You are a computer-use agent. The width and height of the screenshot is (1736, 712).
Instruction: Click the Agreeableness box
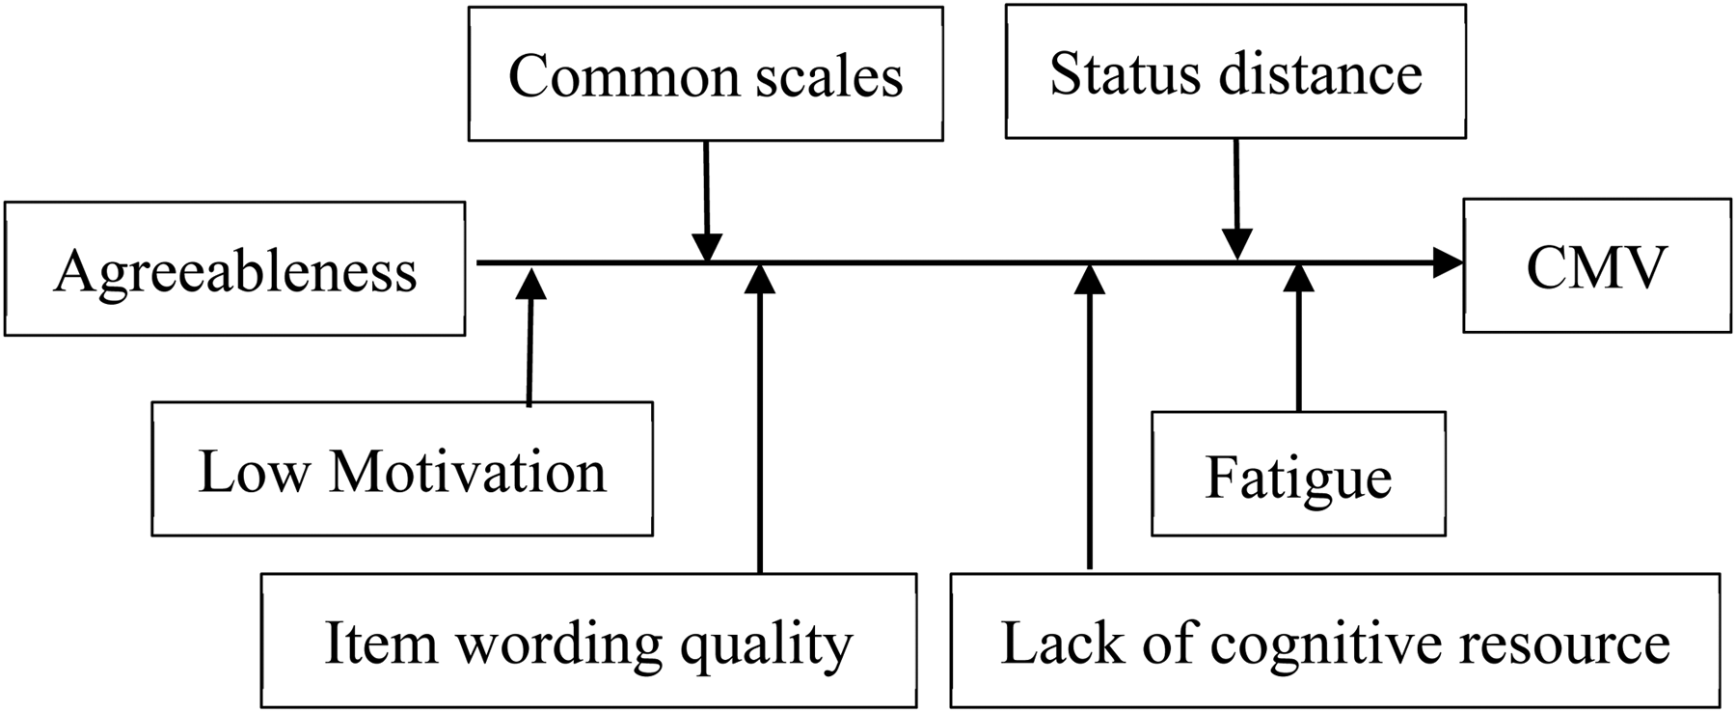click(234, 268)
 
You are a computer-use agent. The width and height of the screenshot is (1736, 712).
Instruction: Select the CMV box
click(1597, 265)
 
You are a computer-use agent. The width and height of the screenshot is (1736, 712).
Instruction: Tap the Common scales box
click(706, 74)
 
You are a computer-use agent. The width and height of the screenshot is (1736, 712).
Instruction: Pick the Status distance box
click(1235, 71)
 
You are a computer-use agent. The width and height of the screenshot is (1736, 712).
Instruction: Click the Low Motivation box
click(402, 469)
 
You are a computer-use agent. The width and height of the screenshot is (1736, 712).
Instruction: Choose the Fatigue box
click(1298, 474)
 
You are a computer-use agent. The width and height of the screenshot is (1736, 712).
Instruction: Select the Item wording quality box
click(589, 641)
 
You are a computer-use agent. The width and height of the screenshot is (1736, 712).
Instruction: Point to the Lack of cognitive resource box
click(1336, 641)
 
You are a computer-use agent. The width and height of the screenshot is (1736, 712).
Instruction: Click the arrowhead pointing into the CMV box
click(1449, 262)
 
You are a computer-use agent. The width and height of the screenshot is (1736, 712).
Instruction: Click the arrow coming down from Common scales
click(707, 202)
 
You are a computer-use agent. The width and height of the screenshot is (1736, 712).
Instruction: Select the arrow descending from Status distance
click(1236, 200)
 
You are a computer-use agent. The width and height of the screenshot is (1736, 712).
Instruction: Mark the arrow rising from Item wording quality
click(761, 419)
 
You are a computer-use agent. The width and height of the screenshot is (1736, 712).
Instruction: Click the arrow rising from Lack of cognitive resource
click(1090, 417)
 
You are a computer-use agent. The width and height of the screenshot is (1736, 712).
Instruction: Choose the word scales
click(829, 76)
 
